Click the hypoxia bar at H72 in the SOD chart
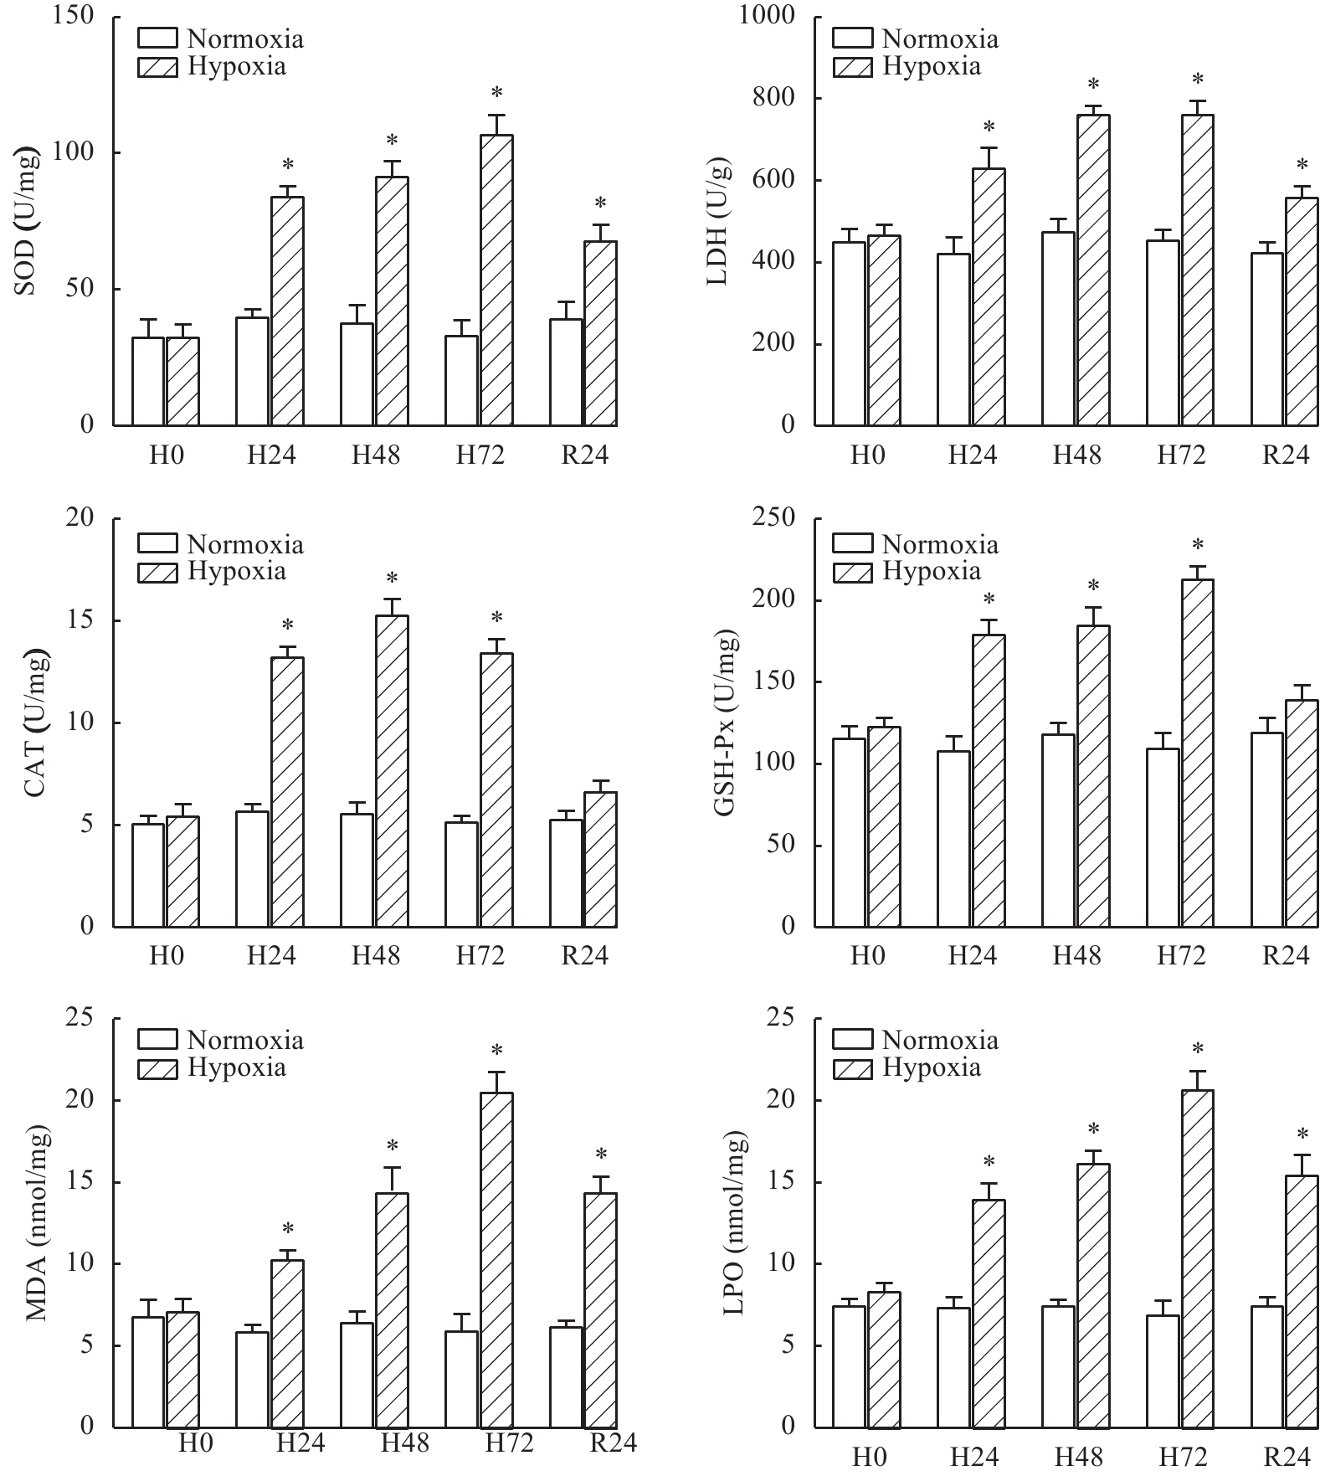(x=496, y=280)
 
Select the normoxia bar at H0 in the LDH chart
(x=849, y=333)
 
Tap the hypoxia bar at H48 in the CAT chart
(x=392, y=771)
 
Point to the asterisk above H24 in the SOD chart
(x=288, y=164)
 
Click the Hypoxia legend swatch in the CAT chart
(x=157, y=573)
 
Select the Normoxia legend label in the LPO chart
(x=940, y=1041)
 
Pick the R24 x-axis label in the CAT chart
(x=584, y=955)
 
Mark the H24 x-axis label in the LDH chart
(x=973, y=455)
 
